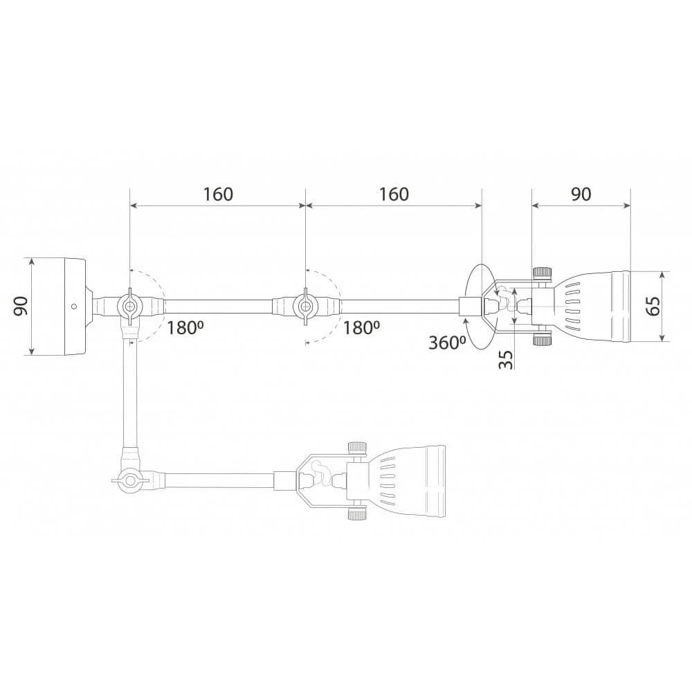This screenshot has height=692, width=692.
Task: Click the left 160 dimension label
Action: (x=217, y=194)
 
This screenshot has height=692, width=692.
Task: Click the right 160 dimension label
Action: (x=394, y=194)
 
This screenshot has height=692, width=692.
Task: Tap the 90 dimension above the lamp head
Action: (x=581, y=194)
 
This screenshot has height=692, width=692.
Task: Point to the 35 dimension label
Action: (x=507, y=359)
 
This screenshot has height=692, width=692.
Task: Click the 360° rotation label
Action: (x=448, y=343)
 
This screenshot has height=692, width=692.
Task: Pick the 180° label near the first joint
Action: (x=185, y=328)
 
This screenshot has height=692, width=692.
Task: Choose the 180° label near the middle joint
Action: (x=361, y=328)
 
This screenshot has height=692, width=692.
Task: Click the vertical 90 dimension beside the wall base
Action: (x=20, y=306)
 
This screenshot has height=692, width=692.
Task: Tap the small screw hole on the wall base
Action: (x=74, y=306)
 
